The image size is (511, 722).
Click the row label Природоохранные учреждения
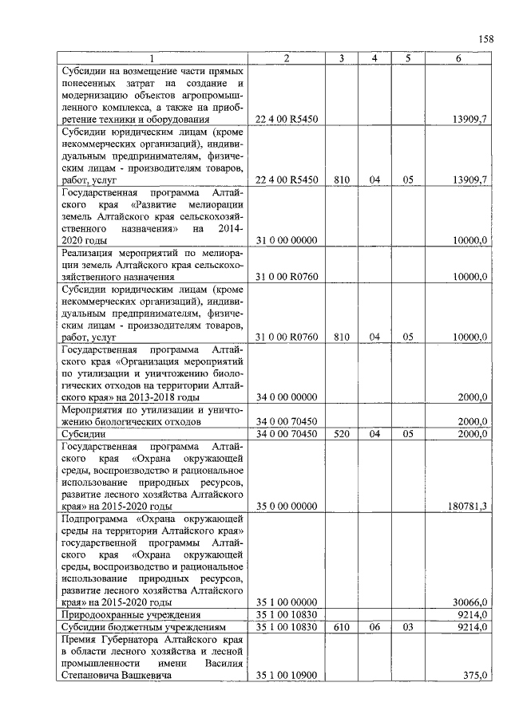(x=130, y=615)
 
